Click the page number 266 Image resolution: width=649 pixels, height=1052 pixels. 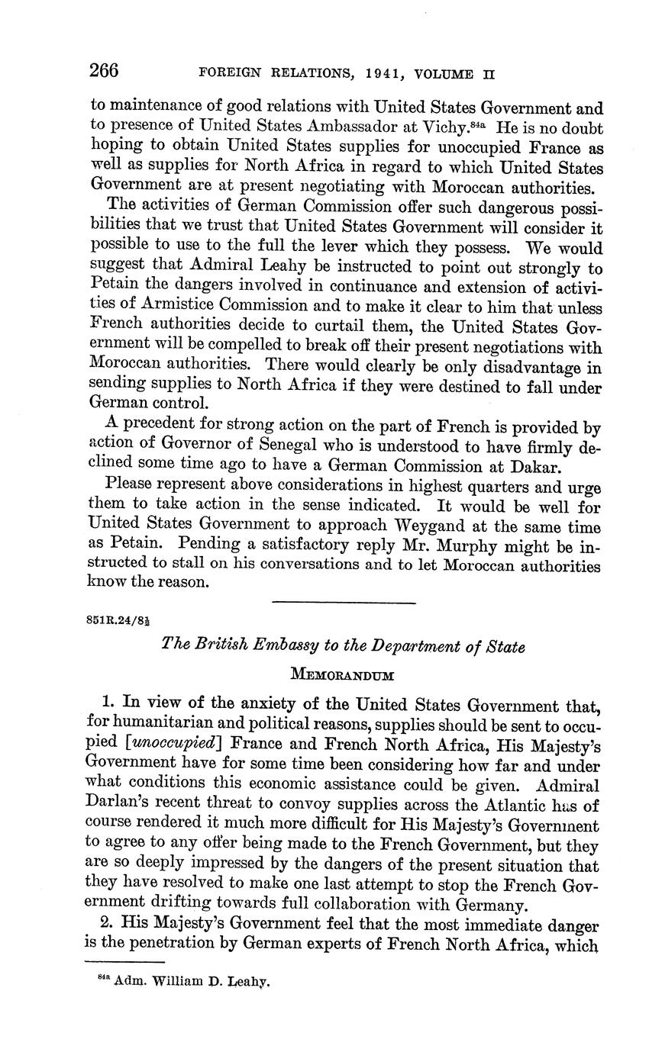tap(105, 71)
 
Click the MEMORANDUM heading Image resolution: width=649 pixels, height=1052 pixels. tap(343, 675)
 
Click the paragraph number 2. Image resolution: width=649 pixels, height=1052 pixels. tap(106, 923)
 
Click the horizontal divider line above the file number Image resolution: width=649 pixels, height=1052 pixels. tap(344, 603)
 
